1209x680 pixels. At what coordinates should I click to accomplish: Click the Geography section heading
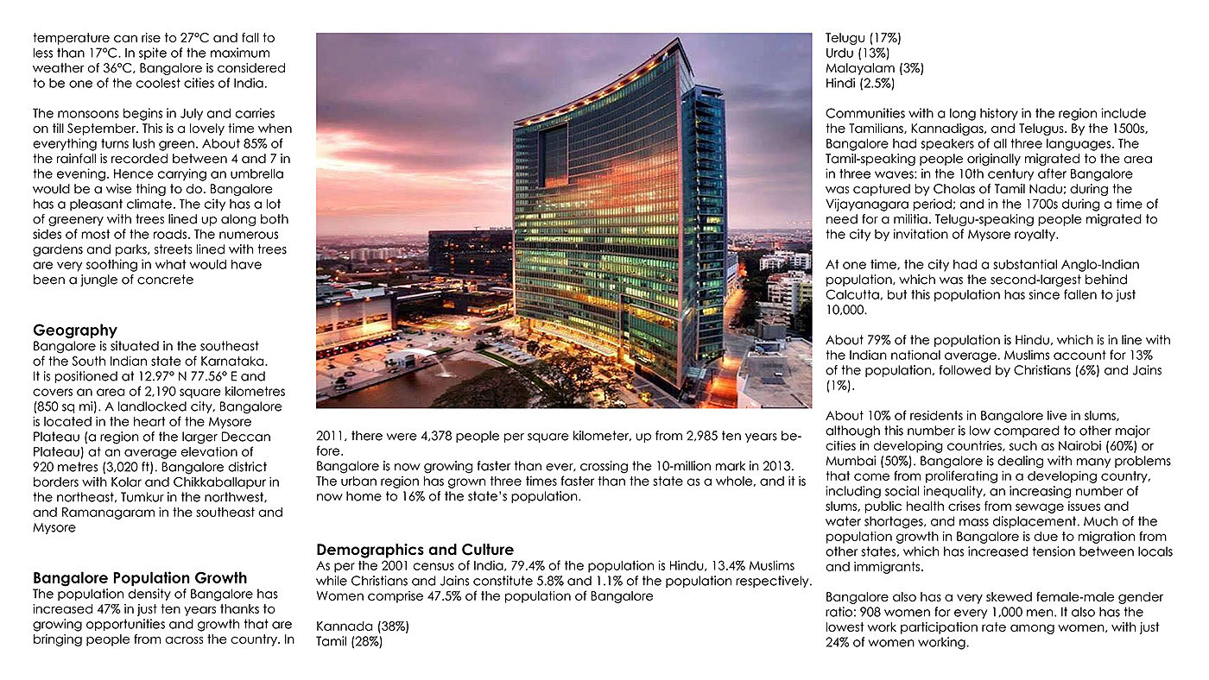point(74,330)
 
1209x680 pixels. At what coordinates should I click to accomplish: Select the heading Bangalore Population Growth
point(140,578)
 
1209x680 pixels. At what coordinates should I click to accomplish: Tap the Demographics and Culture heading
point(415,550)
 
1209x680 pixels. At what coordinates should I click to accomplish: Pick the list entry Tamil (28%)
point(349,641)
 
